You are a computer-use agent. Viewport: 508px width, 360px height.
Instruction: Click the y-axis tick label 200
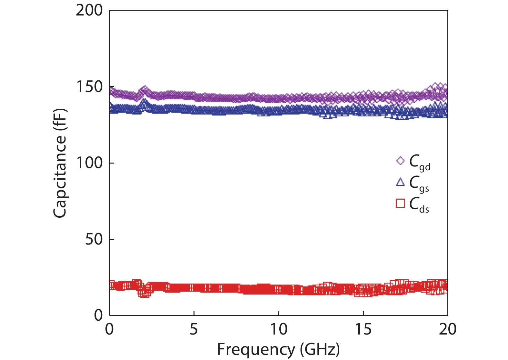89,10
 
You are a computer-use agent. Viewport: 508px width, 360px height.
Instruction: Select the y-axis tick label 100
89,163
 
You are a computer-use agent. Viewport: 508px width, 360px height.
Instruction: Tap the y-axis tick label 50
94,239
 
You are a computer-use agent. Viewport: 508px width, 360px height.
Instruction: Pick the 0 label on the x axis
109,329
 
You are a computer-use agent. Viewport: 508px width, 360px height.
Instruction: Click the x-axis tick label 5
194,329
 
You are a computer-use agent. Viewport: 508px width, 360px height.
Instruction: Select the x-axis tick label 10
278,329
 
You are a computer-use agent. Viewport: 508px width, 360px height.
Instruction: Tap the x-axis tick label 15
363,329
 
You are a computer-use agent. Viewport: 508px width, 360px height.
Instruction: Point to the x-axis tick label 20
447,329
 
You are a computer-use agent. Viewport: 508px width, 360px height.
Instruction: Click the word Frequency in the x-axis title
255,349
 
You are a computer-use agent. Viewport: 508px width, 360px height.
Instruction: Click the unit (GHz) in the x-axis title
320,349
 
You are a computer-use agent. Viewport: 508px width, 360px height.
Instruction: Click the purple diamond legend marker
400,161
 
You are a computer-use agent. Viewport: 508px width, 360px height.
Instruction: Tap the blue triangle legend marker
400,182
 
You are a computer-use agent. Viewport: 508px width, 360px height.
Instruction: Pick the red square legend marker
400,203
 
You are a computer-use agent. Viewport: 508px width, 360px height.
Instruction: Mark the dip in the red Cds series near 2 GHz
144,293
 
